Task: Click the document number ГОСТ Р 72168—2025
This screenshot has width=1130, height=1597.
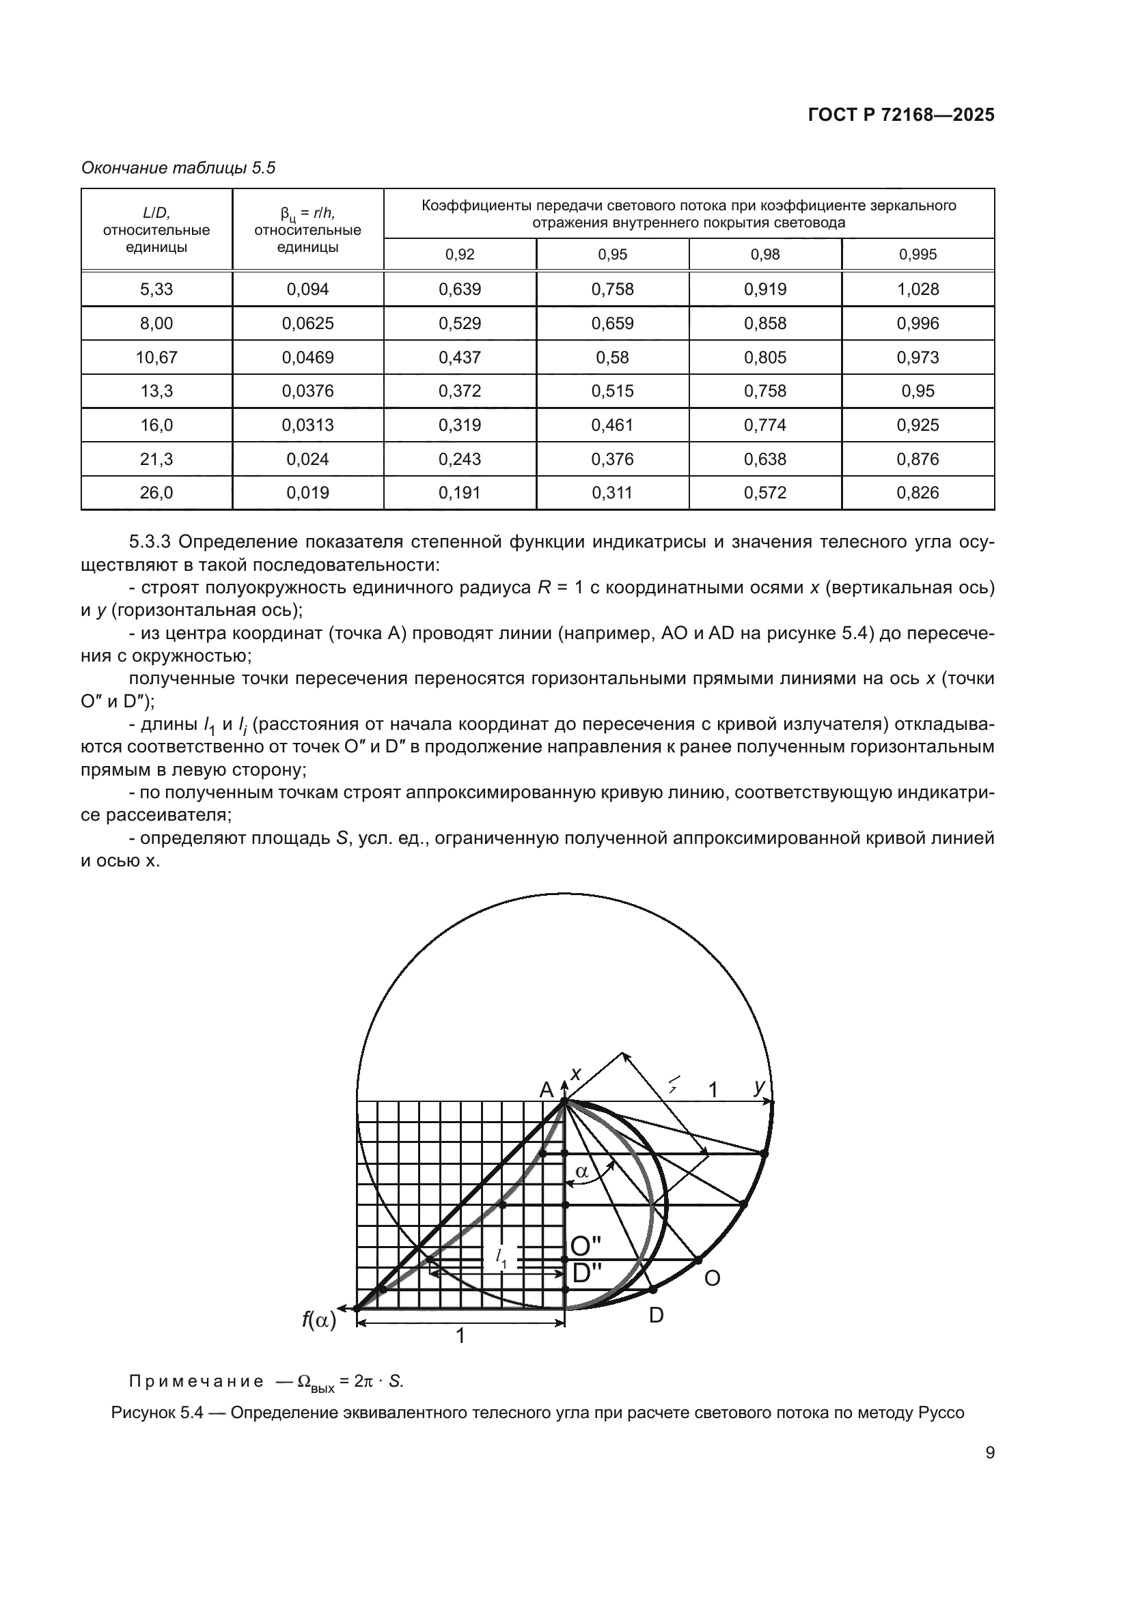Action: (x=901, y=115)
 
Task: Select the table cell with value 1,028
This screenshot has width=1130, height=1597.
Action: (x=918, y=289)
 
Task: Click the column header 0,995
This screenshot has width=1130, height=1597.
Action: (x=918, y=255)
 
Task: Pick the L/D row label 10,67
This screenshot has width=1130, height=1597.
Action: (x=156, y=358)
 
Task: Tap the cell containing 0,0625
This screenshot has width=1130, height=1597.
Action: (x=307, y=324)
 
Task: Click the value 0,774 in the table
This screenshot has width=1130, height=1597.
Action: (x=764, y=425)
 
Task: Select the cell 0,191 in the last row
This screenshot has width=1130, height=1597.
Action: (x=459, y=493)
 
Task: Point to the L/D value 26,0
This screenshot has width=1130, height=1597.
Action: (x=156, y=493)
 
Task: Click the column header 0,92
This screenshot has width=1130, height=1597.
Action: (x=459, y=255)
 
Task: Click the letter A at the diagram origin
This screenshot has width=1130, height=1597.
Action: (x=547, y=1090)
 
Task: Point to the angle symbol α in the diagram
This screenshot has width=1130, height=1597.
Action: (x=581, y=1172)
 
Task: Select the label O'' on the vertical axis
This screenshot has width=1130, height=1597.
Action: (x=586, y=1246)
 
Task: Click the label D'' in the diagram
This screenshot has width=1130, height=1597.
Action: (x=586, y=1273)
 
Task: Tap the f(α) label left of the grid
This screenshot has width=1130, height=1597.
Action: (x=318, y=1319)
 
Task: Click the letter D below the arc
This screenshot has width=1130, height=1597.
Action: (x=656, y=1315)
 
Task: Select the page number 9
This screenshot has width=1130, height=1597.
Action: (x=989, y=1453)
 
